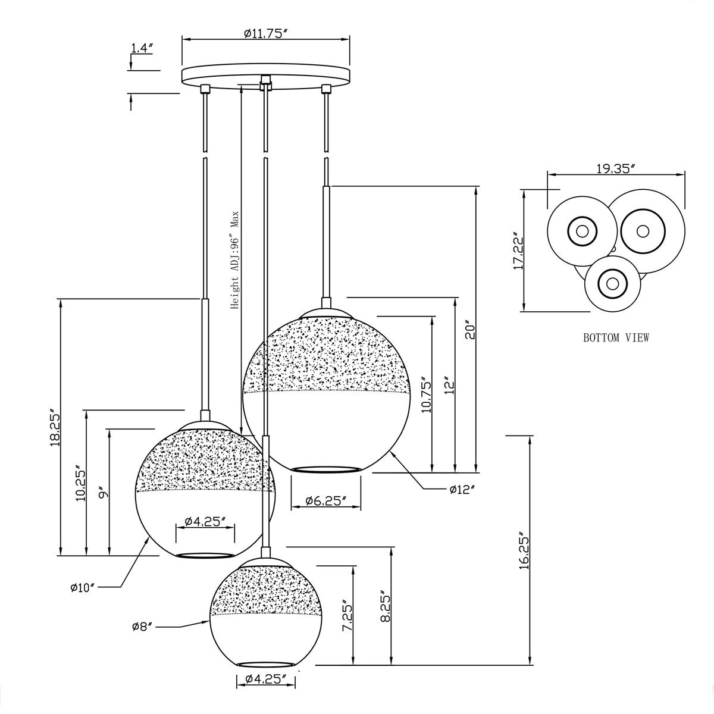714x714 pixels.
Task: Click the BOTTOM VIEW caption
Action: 616,338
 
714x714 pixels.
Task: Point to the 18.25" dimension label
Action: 55,427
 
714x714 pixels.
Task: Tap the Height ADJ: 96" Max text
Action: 235,259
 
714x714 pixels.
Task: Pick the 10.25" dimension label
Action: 80,483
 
